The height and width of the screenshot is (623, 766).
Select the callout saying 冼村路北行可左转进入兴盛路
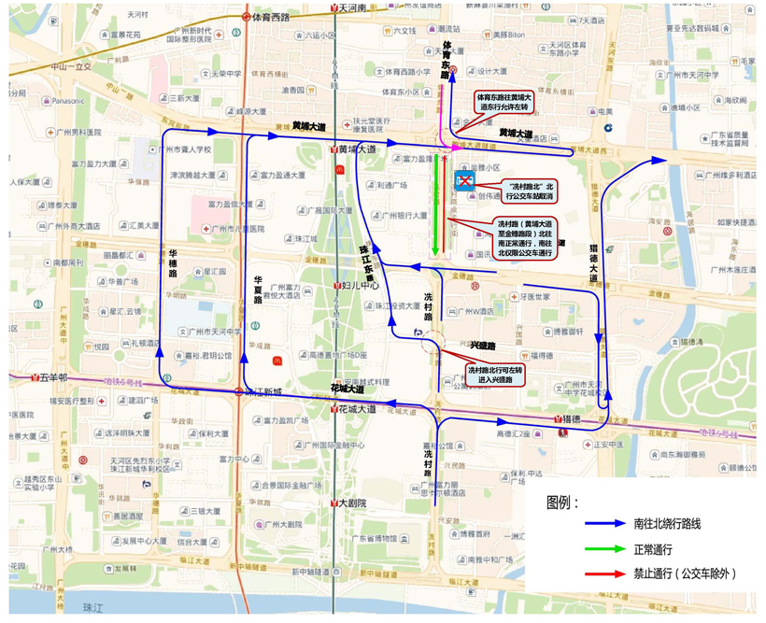490,375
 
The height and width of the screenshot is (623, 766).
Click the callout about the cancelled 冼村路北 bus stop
530,191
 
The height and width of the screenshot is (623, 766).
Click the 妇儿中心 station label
357,286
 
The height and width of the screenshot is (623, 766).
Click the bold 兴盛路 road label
485,345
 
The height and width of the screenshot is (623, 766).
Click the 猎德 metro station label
572,418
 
